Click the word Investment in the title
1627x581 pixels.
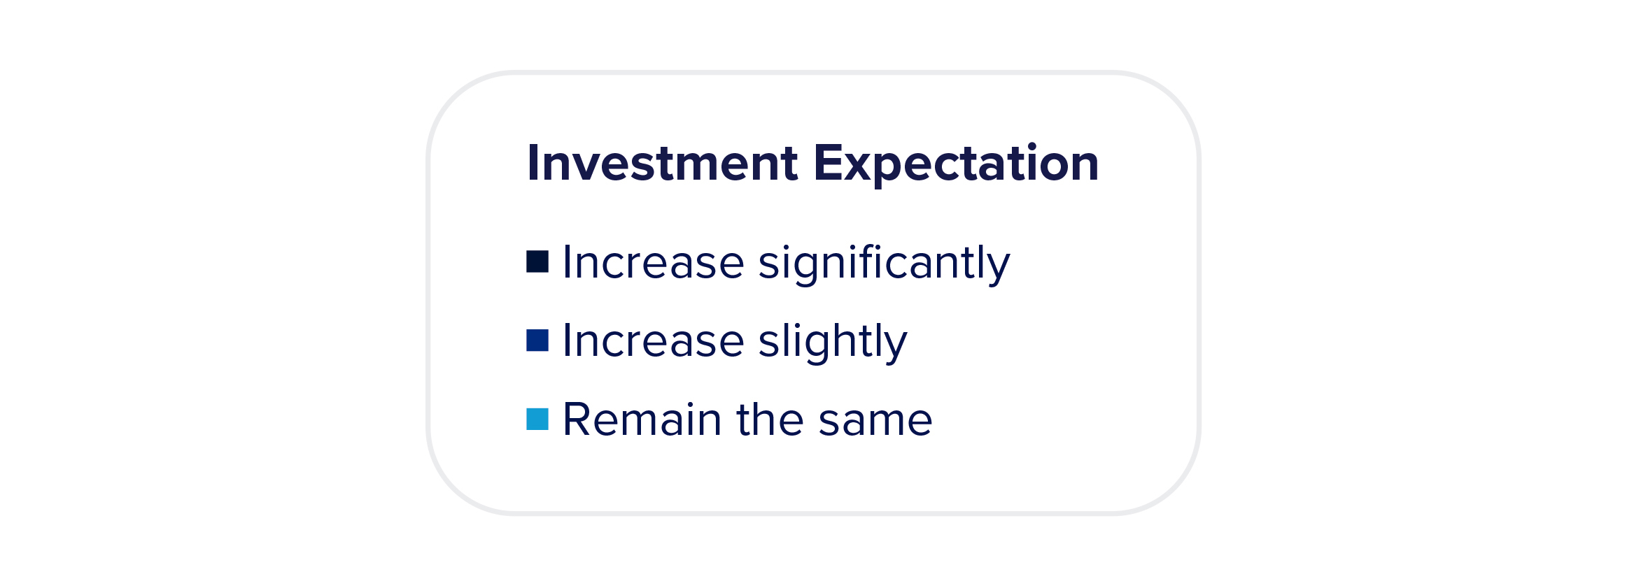662,163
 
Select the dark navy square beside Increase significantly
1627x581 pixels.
537,261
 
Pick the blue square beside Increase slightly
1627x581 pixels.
537,340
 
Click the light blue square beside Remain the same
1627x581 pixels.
537,419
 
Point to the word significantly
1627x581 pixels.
885,264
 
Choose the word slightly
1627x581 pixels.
833,343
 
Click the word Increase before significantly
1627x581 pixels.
654,263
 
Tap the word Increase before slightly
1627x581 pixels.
654,342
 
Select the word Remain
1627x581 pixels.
642,419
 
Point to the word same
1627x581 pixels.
875,422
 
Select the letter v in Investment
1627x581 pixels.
594,168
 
